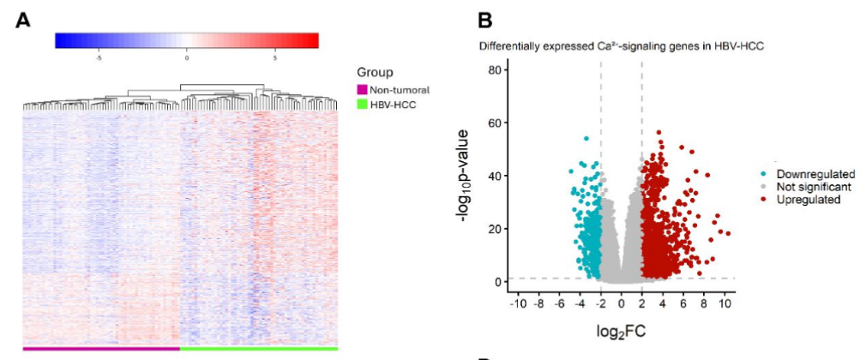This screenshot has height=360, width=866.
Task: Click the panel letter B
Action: (x=484, y=20)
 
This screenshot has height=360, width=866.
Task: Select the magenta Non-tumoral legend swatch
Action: (x=361, y=89)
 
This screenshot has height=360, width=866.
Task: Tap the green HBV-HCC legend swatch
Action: (x=361, y=105)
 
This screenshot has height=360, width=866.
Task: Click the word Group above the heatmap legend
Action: (x=375, y=73)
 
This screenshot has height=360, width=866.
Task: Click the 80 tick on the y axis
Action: (x=493, y=69)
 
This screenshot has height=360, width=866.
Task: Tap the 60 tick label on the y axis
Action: (x=493, y=123)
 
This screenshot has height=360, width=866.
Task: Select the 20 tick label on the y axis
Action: (x=493, y=229)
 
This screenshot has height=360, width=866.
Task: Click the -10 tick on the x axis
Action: (x=518, y=303)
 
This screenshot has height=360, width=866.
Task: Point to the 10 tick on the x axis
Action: (x=725, y=303)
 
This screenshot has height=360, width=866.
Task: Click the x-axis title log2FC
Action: (x=621, y=328)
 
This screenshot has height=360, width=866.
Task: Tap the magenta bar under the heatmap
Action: (x=101, y=349)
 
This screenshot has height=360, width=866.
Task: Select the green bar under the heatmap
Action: (x=259, y=349)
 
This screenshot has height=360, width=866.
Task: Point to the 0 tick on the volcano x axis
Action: (x=622, y=303)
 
